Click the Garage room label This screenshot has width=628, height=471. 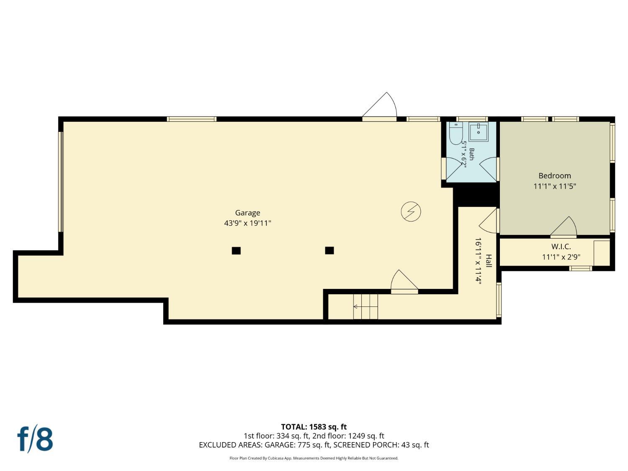click(247, 213)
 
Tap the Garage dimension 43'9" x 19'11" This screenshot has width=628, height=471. click(247, 223)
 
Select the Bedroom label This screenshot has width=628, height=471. click(554, 175)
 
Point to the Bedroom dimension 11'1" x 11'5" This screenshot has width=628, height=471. click(554, 186)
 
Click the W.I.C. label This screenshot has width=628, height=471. click(561, 247)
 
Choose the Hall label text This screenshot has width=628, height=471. click(489, 261)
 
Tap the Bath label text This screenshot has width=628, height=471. click(471, 154)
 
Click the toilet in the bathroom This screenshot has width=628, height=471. click(456, 133)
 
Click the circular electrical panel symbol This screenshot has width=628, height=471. click(411, 211)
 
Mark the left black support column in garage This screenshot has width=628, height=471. click(236, 250)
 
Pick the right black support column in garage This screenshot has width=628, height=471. click(329, 250)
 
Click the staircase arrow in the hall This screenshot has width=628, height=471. click(365, 306)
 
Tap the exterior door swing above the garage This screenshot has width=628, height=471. click(380, 106)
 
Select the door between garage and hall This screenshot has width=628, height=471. click(404, 282)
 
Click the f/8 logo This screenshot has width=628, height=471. click(35, 438)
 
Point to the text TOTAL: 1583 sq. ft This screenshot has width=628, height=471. click(314, 427)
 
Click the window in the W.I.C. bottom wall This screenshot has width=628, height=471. click(580, 268)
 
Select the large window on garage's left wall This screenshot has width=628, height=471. click(61, 182)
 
